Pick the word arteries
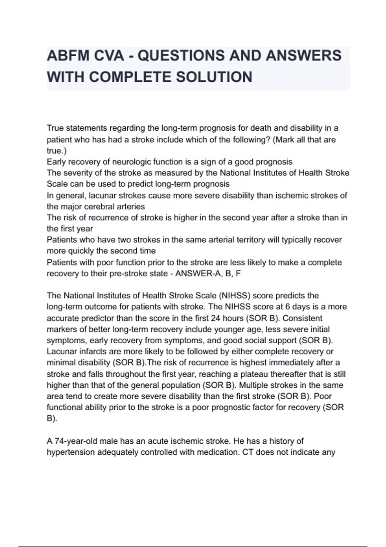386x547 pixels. pos(129,207)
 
